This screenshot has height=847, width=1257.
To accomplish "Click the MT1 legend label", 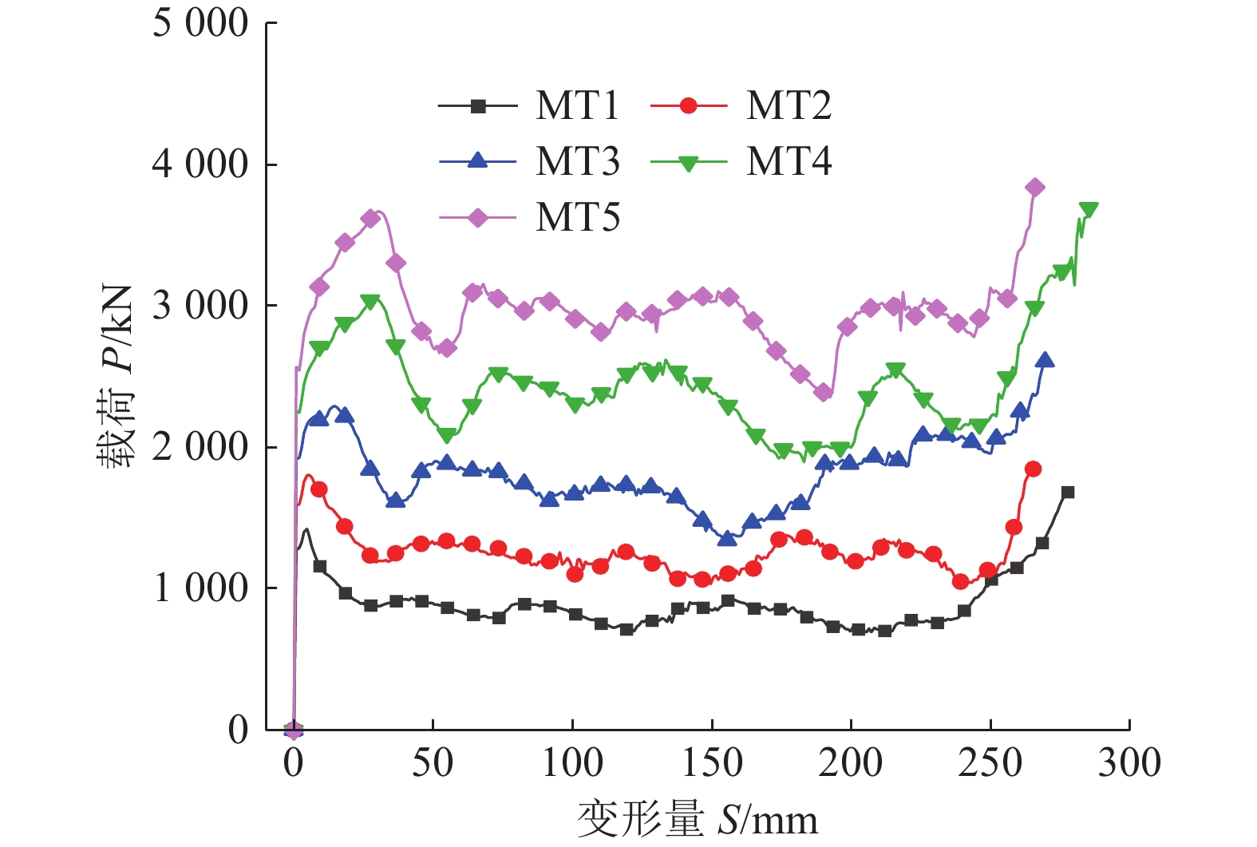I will pos(577,106).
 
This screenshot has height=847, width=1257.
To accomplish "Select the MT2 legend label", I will pos(789,106).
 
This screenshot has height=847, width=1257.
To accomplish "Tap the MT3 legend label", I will pos(577,162).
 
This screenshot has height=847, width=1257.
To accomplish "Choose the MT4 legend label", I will pos(789,162).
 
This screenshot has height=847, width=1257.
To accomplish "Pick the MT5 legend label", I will pos(577,218).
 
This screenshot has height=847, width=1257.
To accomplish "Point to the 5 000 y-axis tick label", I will pos(200,24).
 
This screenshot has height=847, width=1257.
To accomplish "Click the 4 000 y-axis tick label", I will pos(200,164).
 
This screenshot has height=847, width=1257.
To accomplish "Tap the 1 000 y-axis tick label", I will pos(200,588).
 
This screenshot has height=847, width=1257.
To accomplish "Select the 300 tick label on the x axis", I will pos(1129,763).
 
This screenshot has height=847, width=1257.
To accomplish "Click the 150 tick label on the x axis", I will pos(712,763).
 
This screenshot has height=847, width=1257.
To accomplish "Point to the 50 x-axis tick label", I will pos(433,763).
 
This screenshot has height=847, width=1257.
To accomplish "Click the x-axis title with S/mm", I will pos(697,820).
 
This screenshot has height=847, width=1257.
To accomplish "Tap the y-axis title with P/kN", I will pos(116,376).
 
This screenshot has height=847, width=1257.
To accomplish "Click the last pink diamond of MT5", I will pos(1035,188).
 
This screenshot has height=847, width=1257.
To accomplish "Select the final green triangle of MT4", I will pos(1089,209).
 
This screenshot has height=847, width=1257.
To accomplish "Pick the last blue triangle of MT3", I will pos(1045,360).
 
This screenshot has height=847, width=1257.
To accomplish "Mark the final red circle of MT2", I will pos(1034,469).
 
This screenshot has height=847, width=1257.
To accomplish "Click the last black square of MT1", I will pos(1068,492).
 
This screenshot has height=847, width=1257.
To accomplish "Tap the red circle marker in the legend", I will pos(689,106).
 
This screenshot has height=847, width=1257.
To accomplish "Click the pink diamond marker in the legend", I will pos(477,218).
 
